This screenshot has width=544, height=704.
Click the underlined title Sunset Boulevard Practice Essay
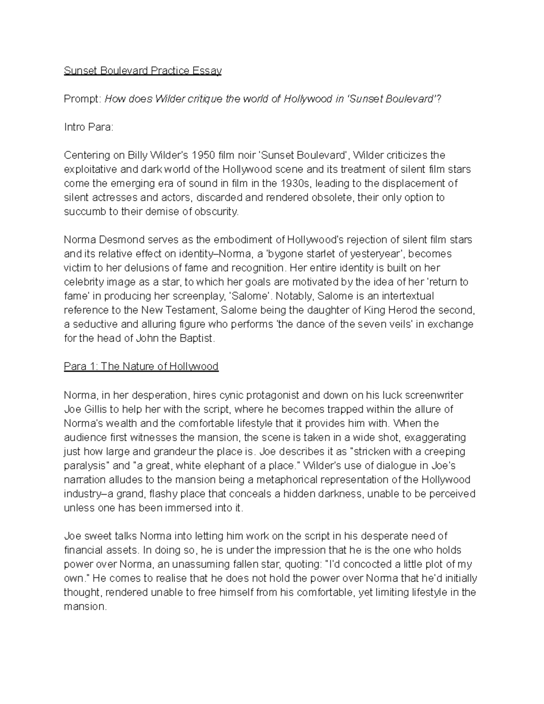point(142,71)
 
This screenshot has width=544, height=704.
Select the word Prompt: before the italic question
point(83,99)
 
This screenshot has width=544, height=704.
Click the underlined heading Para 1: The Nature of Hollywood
point(141,366)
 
